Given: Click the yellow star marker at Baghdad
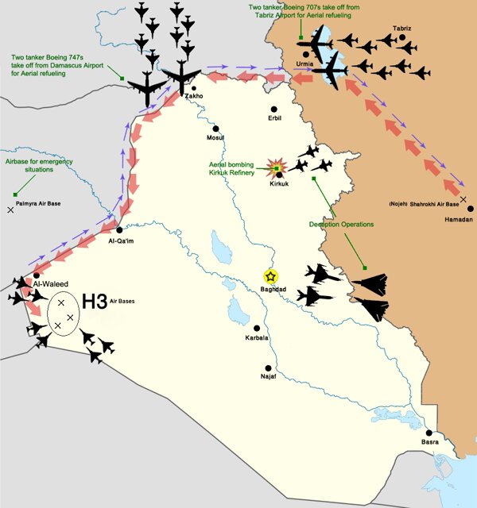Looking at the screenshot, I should coord(271,276).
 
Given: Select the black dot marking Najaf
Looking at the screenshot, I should coord(269,368).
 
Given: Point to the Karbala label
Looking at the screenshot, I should coord(257,338).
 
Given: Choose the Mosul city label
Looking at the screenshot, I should coord(215,137).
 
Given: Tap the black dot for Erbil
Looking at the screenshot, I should coord(273,109).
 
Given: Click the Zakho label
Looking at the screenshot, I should coord(194,97).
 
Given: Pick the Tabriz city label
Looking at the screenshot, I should coord(401,29).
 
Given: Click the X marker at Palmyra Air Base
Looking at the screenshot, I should coord(10,210).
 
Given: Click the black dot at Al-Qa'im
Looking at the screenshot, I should coord(118,229).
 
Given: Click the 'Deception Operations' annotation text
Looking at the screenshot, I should coord(341,225).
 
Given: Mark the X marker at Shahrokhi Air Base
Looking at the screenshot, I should coord(463,198).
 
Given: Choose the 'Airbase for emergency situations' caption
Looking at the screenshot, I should coord(29,164).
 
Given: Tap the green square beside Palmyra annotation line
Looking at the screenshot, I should coord(15,194).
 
